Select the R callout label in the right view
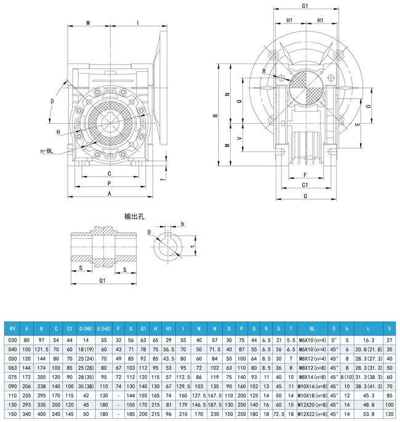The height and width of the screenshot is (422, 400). pos(263,72)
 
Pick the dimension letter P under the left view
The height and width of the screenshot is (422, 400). pos(109,183)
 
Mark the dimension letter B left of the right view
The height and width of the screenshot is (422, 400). pos(215,115)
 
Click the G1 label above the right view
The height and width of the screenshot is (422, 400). pos(305,6)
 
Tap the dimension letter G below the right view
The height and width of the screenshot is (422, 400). pos(305,196)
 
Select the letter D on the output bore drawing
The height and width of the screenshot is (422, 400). pos(148,232)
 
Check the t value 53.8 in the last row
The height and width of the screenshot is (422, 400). pos(368,415)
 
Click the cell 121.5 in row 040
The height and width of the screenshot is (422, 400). pos(41,349)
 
